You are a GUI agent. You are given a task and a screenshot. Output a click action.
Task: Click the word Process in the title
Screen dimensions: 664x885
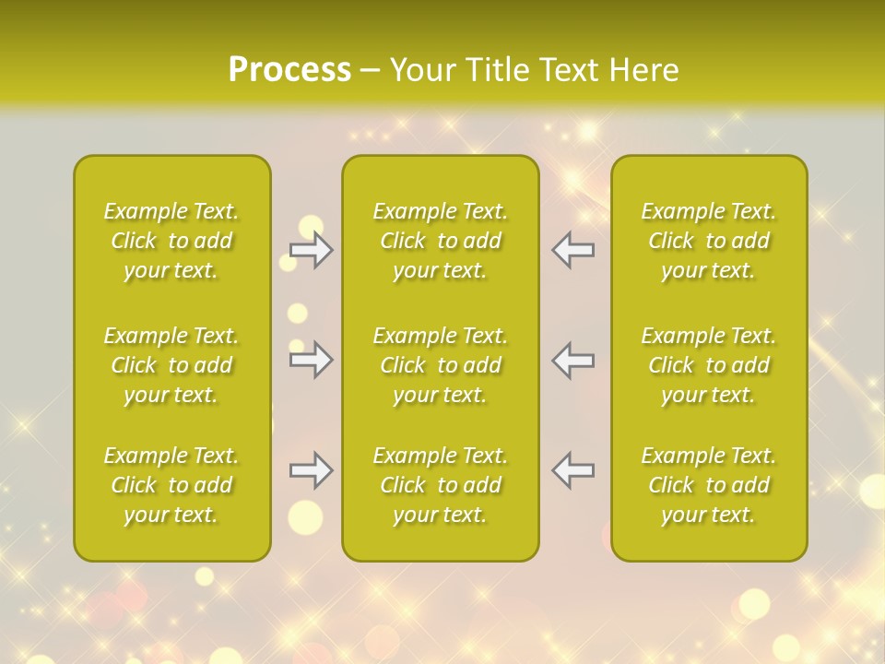pos(289,70)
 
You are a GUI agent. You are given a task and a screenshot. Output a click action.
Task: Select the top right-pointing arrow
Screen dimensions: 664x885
pos(312,250)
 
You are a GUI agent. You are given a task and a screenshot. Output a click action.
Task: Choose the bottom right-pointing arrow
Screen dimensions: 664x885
pos(312,470)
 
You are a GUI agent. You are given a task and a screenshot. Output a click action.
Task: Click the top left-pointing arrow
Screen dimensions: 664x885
pos(572,250)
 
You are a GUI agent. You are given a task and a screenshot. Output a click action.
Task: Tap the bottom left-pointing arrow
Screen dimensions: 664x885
pos(572,470)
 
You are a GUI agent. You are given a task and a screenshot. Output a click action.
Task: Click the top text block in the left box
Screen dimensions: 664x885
pos(171,241)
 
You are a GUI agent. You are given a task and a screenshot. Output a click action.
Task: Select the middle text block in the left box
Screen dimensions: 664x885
pos(171,365)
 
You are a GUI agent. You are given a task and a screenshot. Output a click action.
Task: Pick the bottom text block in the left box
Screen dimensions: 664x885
pos(171,485)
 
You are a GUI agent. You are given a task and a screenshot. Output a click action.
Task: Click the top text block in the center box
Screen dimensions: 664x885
pos(441,241)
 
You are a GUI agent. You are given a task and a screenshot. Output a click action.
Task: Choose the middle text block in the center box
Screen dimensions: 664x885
pos(441,365)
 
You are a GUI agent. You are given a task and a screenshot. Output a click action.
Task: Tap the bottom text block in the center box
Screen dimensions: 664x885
pos(441,485)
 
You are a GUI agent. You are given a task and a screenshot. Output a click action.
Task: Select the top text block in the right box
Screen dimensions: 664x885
pos(709,241)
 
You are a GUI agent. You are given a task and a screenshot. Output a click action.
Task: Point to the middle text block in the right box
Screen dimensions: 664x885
pos(709,365)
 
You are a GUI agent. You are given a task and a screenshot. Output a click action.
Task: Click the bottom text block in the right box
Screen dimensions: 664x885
pos(709,485)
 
